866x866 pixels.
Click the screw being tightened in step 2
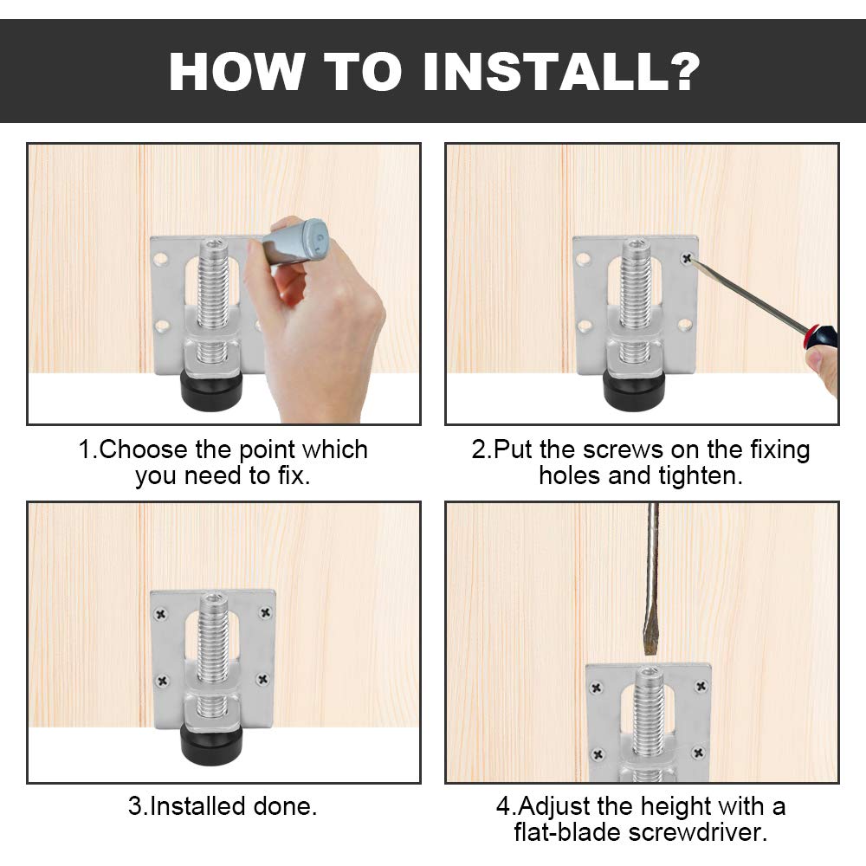[687, 257]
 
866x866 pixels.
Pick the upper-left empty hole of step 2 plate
[583, 258]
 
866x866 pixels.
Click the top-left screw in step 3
[161, 614]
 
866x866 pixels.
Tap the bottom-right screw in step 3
[263, 679]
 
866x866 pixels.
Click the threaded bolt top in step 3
[213, 600]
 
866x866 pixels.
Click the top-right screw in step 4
[701, 687]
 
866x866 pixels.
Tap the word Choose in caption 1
[144, 450]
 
